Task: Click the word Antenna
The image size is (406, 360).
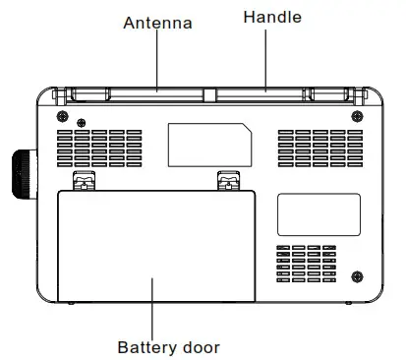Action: click(157, 22)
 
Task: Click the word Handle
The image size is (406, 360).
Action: click(272, 17)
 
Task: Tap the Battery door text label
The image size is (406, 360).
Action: click(169, 346)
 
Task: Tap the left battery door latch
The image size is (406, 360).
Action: click(86, 181)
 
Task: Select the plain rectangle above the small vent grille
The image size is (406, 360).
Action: click(318, 214)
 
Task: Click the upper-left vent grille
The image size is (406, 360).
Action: click(99, 149)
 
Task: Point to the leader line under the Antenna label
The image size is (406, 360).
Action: click(156, 59)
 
